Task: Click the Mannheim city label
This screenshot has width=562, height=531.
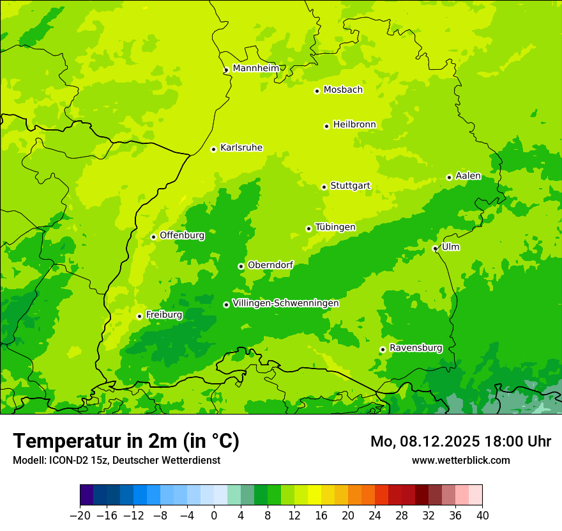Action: coord(255,68)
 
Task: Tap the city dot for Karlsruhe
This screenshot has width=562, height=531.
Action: coord(213,149)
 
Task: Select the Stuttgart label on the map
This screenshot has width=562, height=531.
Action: coord(350,186)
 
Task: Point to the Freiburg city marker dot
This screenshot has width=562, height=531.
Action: coord(139,316)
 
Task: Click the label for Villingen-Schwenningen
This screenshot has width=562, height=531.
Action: coord(285,303)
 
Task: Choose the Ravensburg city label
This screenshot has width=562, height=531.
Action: coord(415,348)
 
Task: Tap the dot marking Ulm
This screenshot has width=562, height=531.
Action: coord(435,248)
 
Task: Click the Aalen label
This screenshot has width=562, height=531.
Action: coord(468,176)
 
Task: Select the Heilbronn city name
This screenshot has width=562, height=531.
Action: coord(354,125)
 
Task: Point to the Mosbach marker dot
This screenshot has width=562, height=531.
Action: coord(317,91)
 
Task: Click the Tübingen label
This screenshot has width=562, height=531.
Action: coord(335,227)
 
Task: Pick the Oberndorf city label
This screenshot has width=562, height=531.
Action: coord(270,265)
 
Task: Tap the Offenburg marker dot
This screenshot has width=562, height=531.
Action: coord(153,237)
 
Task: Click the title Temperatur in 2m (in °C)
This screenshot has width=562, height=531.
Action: coord(126,441)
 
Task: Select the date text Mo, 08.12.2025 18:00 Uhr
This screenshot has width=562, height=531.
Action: coord(460,441)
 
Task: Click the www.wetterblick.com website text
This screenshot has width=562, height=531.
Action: coord(460,460)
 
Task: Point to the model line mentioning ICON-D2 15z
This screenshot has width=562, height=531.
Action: coord(116,460)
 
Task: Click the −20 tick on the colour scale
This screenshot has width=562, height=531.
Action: coord(80,516)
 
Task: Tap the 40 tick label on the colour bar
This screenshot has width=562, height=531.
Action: coord(482,516)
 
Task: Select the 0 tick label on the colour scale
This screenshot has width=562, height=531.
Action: coord(214,516)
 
